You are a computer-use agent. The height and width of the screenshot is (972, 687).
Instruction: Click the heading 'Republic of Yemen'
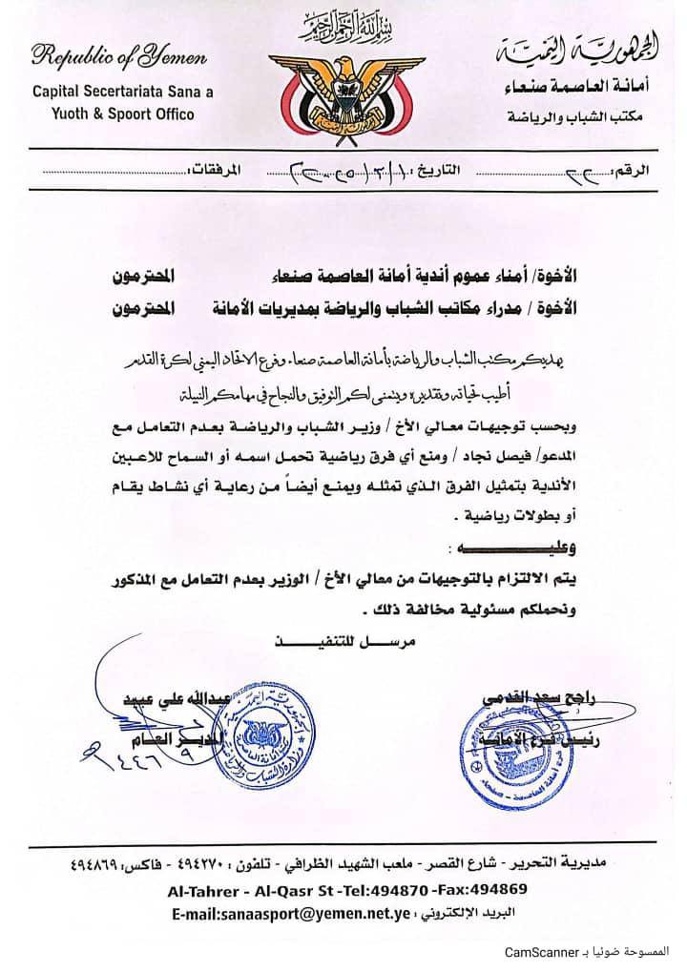119,58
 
